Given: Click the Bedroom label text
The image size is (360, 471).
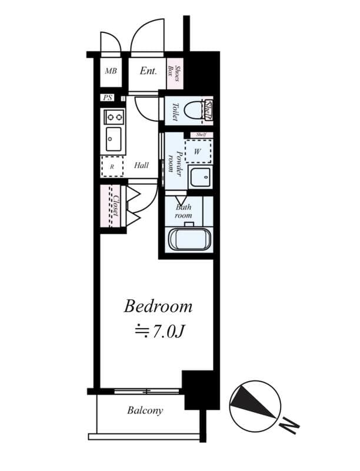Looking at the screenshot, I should click(x=158, y=307).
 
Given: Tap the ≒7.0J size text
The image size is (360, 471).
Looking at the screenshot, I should click(x=158, y=331).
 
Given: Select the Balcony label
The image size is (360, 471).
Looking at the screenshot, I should click(x=145, y=410).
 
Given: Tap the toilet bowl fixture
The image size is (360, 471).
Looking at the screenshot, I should click(x=192, y=110).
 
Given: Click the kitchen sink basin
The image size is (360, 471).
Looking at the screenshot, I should click(x=112, y=140).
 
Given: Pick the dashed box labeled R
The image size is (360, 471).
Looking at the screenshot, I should click(x=112, y=167).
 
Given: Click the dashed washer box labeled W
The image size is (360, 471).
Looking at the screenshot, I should click(x=198, y=151).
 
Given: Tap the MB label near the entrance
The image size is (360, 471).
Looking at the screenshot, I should click(x=111, y=72).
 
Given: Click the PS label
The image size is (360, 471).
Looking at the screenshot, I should click(x=108, y=98).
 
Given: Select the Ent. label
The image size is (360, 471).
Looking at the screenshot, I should click(x=148, y=71).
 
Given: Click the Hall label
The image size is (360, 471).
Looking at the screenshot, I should click(x=141, y=166).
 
